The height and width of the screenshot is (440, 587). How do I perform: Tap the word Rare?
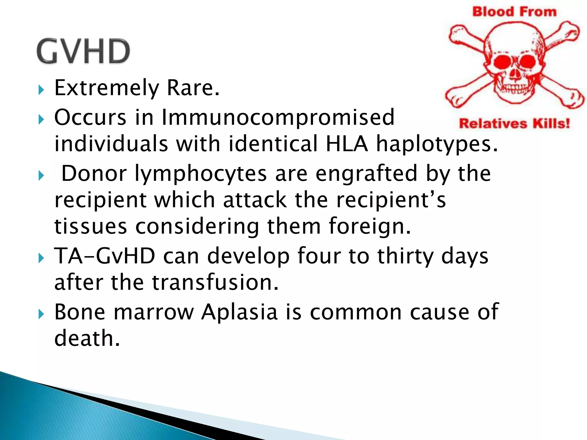[x=193, y=88]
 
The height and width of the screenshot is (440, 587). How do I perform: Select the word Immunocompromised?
[x=278, y=117]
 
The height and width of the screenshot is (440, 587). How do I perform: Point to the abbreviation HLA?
[x=347, y=144]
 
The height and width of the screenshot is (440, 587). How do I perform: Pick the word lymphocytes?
[x=201, y=174]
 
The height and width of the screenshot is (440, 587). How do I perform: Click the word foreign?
[x=370, y=226]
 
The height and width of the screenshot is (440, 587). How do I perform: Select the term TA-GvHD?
[x=105, y=256]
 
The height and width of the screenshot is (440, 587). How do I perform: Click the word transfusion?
[x=215, y=282]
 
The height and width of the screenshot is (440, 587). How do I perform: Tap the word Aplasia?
[x=239, y=312]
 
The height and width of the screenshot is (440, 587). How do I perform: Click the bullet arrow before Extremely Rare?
[x=41, y=90]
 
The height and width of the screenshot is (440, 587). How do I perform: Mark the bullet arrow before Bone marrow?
[x=41, y=314]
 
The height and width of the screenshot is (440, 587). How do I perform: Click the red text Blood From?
[x=514, y=12]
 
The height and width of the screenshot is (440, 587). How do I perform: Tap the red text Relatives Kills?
[x=514, y=124]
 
